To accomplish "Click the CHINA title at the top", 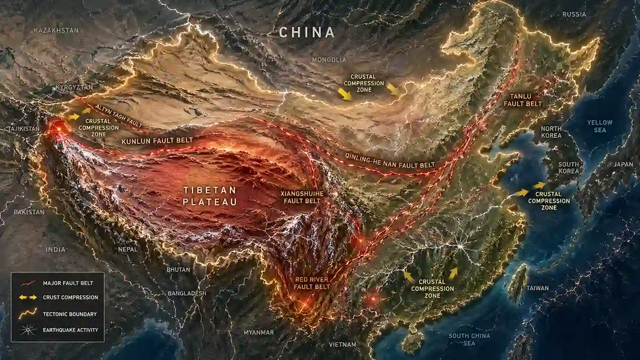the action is click(307, 32).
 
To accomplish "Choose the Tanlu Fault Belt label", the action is click(522, 100).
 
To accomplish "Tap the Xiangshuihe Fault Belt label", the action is click(302, 196).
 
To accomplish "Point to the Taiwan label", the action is click(537, 288).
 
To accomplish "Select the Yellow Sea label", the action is click(600, 126).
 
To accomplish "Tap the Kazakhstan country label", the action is click(56, 30).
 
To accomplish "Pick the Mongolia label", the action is click(329, 60).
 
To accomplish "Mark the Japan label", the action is click(623, 164).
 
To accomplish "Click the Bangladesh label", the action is click(187, 293).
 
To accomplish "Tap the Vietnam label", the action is click(342, 345).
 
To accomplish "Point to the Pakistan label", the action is click(29, 212).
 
